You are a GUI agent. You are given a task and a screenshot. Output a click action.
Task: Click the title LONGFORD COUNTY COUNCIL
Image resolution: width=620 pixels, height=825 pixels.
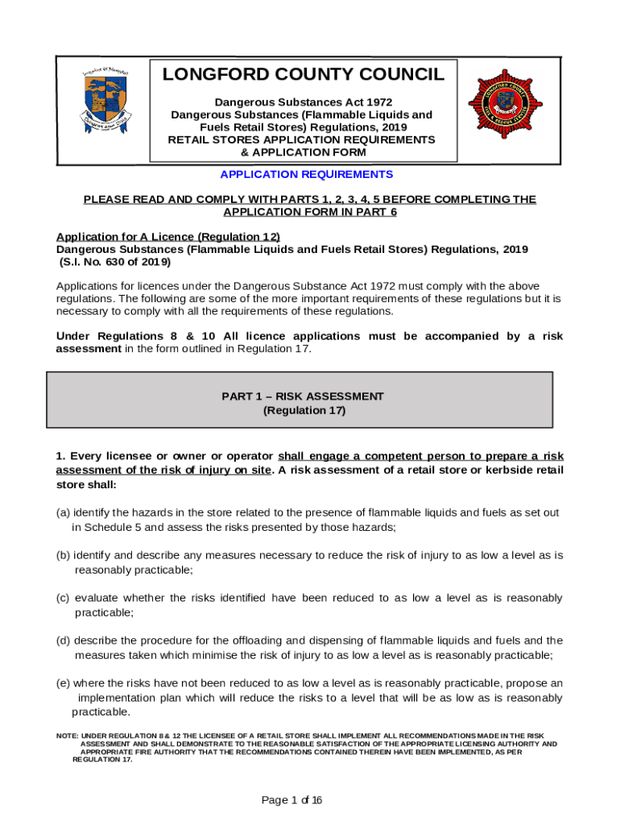(x=303, y=75)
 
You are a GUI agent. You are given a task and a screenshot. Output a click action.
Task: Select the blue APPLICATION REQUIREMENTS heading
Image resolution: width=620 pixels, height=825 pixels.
(x=307, y=174)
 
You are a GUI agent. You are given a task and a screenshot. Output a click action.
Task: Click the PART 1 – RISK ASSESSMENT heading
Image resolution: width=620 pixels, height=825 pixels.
(x=303, y=396)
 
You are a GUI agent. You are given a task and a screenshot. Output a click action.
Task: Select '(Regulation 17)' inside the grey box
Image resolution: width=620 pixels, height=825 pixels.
(x=304, y=410)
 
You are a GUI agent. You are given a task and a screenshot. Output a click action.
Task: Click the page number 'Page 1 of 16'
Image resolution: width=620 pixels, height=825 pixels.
(x=292, y=800)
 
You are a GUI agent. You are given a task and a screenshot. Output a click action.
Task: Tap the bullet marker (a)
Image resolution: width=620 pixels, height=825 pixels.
(x=62, y=513)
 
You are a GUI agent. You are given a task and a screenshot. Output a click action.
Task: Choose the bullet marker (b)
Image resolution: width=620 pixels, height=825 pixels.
(x=63, y=556)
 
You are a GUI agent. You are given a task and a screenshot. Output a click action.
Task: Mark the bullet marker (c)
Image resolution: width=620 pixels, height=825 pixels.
(x=62, y=599)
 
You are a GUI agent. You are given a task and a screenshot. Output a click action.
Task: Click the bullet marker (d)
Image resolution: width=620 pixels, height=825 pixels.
(x=63, y=641)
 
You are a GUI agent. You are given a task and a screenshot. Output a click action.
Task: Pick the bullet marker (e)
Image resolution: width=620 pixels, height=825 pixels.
(x=63, y=684)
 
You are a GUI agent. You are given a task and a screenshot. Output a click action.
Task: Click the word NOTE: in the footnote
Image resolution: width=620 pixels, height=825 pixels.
(x=67, y=736)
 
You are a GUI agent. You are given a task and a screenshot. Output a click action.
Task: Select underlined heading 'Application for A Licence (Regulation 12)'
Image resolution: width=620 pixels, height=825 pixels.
(x=167, y=237)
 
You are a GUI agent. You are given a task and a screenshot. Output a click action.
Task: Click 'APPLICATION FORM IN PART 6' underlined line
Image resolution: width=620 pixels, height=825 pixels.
(x=309, y=212)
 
